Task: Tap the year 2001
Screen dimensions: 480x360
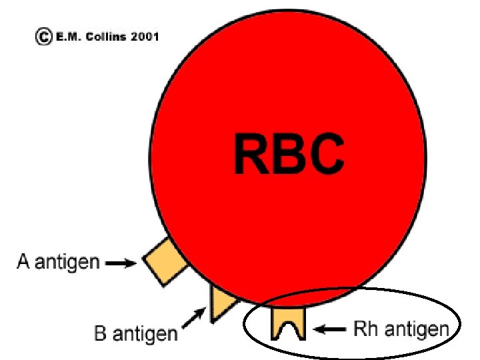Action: coord(145,37)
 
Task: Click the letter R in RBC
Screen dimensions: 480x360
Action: coord(251,154)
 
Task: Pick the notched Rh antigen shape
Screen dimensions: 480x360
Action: coord(288,324)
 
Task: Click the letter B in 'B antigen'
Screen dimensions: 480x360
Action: coord(101,332)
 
